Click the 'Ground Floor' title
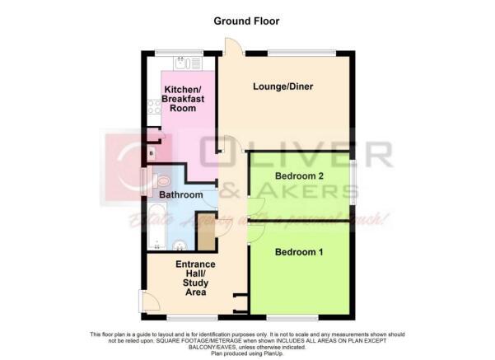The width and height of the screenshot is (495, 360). click(247, 20)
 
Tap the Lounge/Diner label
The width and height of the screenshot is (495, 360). click(282, 86)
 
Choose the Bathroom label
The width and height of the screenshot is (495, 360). click(180, 195)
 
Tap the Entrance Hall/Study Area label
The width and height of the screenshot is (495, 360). click(196, 279)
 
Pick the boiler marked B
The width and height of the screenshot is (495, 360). click(151, 153)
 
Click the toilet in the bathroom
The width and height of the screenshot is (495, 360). click(161, 180)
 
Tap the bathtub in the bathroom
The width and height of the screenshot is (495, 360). click(157, 222)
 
